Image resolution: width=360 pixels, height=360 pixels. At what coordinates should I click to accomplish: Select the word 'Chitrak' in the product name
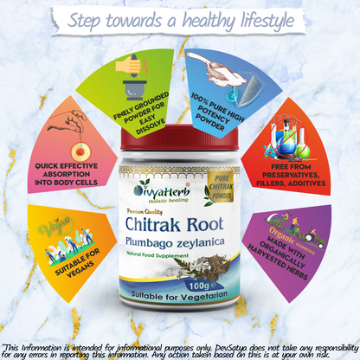point(149,228)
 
